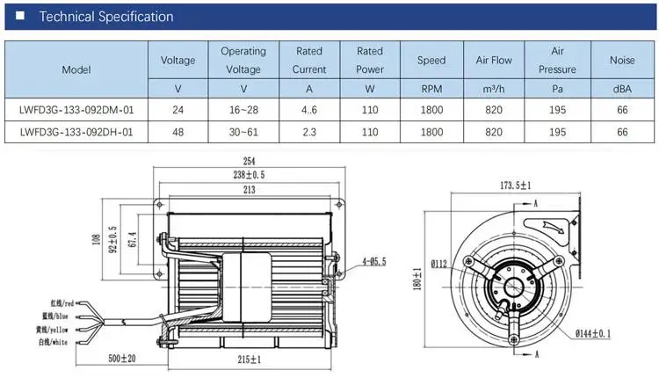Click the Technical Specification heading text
tap(106, 17)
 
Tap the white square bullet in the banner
tap(19, 16)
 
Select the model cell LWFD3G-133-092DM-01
tap(76, 110)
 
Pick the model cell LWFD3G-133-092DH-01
tap(76, 132)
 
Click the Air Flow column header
tap(494, 60)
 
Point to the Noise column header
tap(622, 60)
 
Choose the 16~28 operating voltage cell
tap(243, 110)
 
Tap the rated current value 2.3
tap(309, 132)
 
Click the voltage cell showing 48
tap(177, 132)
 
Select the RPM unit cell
tap(431, 89)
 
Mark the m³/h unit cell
tap(494, 89)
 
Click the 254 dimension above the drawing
tap(250, 161)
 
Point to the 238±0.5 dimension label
tap(250, 175)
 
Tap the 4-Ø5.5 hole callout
tap(374, 262)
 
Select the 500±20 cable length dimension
tap(122, 359)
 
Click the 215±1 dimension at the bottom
tap(250, 360)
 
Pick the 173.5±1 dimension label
tap(516, 185)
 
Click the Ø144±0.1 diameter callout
tap(593, 334)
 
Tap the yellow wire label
tap(52, 330)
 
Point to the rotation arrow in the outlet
tap(554, 226)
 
